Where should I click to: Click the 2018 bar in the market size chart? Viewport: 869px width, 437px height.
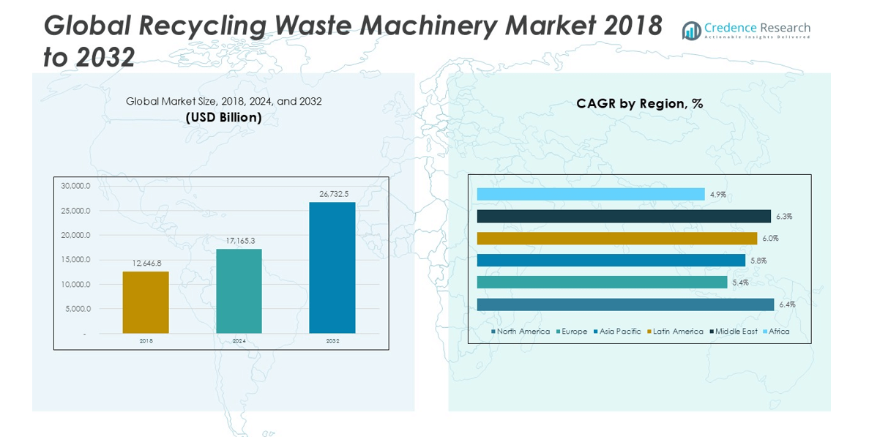point(146,302)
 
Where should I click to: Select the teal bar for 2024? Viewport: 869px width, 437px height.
point(239,291)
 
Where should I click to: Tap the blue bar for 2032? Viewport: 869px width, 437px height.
point(332,267)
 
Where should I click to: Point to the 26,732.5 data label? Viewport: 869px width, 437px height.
point(334,194)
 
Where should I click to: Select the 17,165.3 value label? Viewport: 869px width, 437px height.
point(240,241)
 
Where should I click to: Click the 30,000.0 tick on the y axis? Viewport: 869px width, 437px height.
point(75,186)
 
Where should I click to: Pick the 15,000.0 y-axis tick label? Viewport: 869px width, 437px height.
point(75,260)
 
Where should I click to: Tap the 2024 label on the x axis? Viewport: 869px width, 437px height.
point(239,341)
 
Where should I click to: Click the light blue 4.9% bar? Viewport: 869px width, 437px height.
point(590,194)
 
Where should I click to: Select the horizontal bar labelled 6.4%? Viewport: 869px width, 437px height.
point(624,305)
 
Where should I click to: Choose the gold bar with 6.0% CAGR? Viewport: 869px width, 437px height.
point(616,239)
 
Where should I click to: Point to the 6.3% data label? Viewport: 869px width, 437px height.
point(784,217)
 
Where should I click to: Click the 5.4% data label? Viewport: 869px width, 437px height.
point(740,283)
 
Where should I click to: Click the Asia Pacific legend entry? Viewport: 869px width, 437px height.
point(619,332)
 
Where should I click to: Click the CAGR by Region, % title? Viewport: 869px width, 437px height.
point(639,104)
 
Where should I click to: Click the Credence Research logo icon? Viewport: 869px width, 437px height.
point(691,31)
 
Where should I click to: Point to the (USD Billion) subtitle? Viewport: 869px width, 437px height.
point(223,117)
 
